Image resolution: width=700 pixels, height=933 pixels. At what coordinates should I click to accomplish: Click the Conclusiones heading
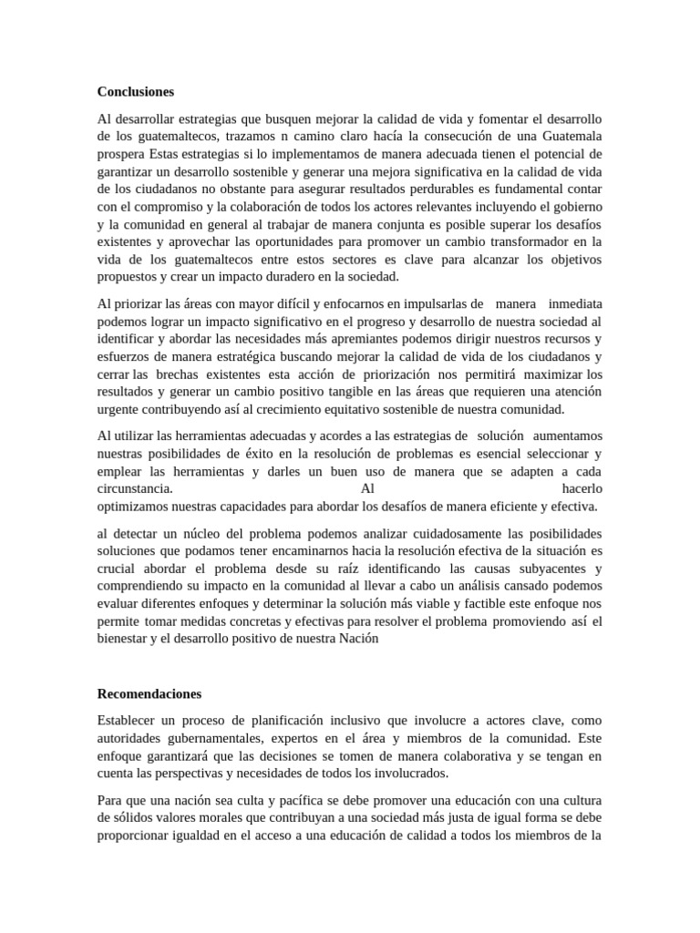[135, 92]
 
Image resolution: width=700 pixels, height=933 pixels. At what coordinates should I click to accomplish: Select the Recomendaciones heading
[149, 693]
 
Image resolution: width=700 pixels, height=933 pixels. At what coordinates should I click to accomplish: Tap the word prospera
[120, 152]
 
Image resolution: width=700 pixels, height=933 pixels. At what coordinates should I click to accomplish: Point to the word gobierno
[574, 206]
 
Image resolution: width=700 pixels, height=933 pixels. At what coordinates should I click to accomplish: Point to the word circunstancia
[135, 488]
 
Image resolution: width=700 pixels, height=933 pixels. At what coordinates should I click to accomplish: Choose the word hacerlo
[582, 488]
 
